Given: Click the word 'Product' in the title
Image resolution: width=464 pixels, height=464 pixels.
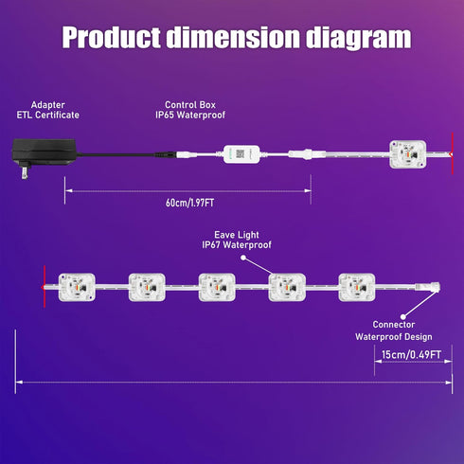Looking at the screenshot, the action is [x=111, y=37].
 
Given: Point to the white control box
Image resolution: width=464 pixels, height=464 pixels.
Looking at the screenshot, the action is [x=241, y=154].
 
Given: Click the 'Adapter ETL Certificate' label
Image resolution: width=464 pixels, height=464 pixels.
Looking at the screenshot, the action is [x=48, y=110].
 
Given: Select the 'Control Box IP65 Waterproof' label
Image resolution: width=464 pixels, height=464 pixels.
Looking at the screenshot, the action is [x=190, y=110].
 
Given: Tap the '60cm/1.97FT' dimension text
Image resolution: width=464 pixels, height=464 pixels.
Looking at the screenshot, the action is [x=190, y=203].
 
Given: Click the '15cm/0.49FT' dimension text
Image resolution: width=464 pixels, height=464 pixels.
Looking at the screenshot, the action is [x=411, y=354].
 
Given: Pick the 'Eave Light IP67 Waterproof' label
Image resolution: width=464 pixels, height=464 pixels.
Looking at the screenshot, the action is [x=237, y=240].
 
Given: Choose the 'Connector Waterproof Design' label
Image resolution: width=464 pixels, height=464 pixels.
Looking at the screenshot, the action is [x=394, y=330].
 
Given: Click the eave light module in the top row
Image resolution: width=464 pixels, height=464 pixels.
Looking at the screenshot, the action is [x=408, y=154].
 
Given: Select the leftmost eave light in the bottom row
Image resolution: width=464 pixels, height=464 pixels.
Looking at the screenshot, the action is [x=77, y=287].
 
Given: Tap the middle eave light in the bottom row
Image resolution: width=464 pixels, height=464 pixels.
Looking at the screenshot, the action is [x=217, y=287].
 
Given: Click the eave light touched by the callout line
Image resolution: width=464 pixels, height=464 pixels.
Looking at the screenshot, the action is [x=287, y=287].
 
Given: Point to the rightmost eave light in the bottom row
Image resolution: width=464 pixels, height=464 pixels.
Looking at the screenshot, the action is [x=357, y=287].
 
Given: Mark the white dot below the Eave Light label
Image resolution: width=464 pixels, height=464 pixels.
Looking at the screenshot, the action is [x=243, y=258].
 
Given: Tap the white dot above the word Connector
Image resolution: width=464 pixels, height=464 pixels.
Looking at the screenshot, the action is [x=403, y=316].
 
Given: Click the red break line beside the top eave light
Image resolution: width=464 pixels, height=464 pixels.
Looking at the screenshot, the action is [x=452, y=153].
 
